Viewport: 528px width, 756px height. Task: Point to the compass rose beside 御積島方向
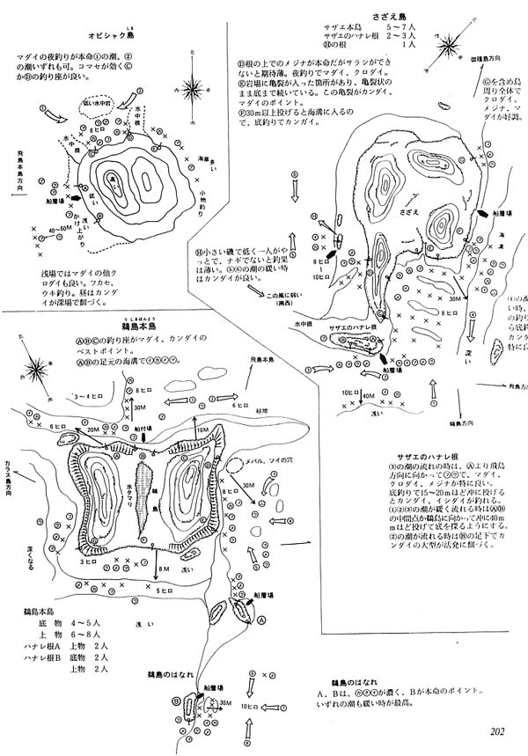coord(451,44)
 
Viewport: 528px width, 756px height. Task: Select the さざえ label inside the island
coord(407,213)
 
